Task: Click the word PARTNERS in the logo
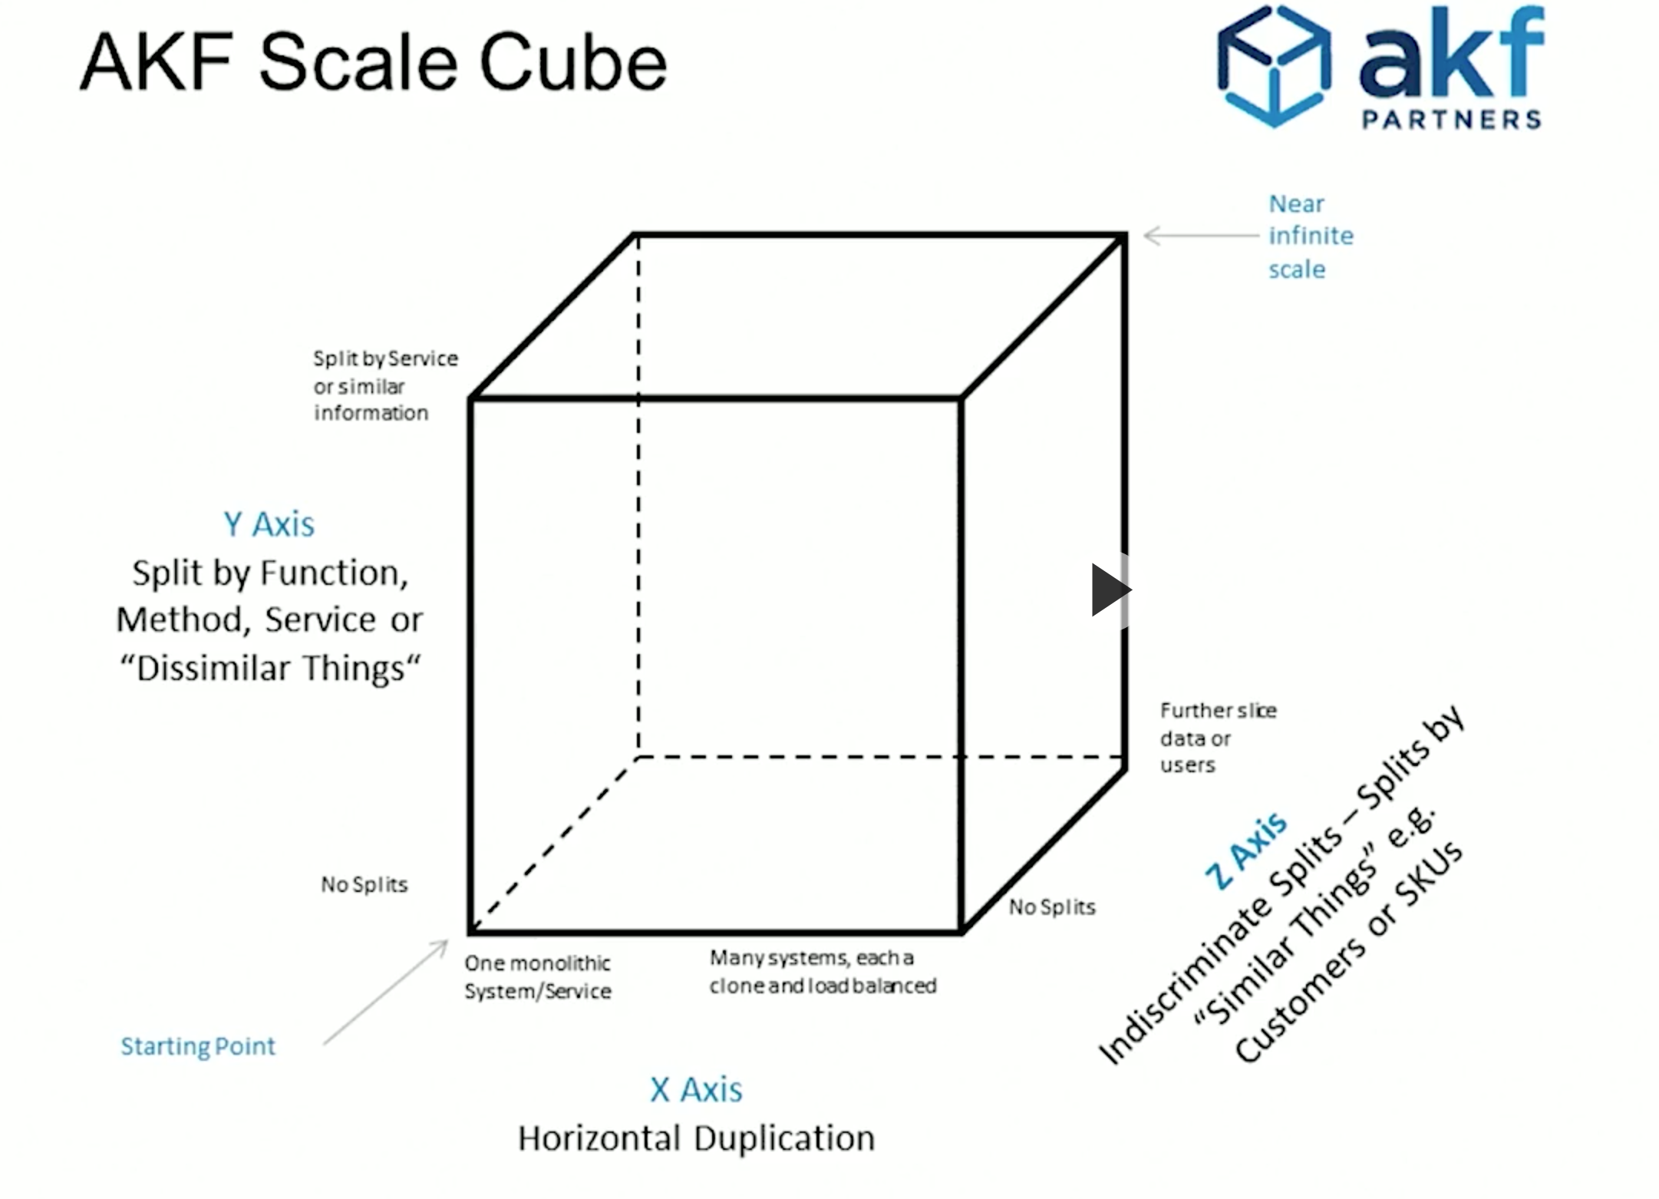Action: tap(1451, 120)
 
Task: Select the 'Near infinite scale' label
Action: tap(1309, 236)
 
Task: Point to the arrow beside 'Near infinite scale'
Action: tap(1201, 236)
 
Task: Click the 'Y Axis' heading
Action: tap(269, 524)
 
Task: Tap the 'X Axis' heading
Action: tap(696, 1089)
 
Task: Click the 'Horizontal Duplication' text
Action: tap(696, 1138)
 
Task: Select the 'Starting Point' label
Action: tap(198, 1045)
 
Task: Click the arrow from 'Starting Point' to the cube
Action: tap(386, 992)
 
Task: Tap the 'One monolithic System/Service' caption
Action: tap(537, 976)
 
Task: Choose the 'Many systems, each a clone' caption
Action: tap(823, 971)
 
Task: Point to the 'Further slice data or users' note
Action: tap(1216, 737)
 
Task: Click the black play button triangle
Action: tap(1109, 590)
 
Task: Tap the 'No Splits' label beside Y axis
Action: tap(364, 884)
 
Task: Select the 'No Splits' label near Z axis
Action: tap(1051, 907)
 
